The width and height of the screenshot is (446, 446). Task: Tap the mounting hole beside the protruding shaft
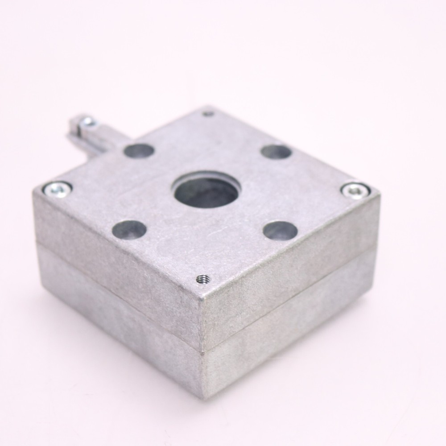(139, 150)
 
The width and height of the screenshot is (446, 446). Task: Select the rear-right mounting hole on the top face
(276, 152)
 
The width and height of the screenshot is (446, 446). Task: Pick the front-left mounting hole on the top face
(129, 229)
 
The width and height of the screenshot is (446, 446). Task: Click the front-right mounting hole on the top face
(280, 229)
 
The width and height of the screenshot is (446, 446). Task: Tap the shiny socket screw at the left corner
(57, 189)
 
